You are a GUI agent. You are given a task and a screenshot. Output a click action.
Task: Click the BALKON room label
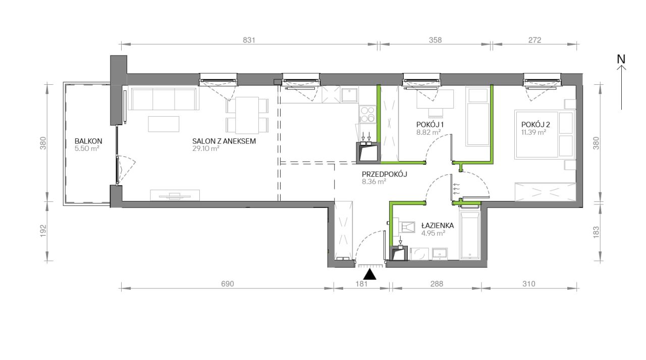(88, 141)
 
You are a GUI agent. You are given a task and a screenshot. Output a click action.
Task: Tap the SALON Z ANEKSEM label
(224, 141)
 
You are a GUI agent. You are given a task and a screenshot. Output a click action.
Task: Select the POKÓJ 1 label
(429, 125)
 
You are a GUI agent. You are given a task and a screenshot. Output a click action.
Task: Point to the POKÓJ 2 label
(535, 125)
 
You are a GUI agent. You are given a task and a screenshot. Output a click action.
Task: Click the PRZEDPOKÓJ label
(385, 174)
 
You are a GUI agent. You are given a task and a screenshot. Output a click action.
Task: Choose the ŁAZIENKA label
(438, 225)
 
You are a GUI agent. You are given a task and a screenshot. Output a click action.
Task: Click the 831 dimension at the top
(249, 40)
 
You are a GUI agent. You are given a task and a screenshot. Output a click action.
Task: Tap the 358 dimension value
(435, 40)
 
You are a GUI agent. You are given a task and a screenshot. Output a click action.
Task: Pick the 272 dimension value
(534, 40)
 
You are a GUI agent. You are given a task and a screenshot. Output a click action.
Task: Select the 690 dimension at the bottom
(228, 284)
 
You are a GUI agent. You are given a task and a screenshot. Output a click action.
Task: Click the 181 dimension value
(361, 284)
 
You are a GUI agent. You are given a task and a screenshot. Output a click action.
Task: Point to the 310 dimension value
(528, 284)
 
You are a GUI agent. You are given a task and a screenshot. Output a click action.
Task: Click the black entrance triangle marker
(370, 274)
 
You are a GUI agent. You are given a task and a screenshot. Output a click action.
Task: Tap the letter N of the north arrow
(621, 60)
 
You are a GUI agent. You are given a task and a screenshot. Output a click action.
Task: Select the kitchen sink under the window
(349, 95)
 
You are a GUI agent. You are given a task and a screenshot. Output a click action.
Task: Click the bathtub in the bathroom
(470, 235)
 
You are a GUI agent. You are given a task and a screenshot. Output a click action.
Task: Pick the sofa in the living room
(164, 99)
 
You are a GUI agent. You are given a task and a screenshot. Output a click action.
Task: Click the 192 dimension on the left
(43, 231)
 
